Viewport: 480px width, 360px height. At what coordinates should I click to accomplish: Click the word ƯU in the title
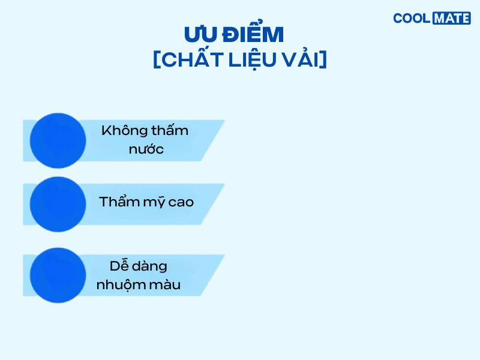pos(200,34)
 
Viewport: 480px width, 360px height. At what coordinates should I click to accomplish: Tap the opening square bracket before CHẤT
pos(157,59)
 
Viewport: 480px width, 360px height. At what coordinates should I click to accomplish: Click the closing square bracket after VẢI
pos(324,59)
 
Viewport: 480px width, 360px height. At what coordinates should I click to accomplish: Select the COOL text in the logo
pos(412,19)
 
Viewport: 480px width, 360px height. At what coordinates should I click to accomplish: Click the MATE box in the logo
pos(451,19)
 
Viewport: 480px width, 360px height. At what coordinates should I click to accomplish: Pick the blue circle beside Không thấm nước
pos(58,140)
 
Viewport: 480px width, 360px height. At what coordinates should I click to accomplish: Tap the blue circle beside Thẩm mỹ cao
pos(58,204)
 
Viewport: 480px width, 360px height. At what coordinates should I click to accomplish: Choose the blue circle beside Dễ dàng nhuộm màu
pos(58,275)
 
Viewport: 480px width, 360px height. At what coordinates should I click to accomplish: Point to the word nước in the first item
pos(146,149)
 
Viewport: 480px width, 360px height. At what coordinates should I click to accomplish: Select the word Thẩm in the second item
pos(119,201)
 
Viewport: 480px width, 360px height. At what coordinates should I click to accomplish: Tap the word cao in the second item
pos(181,202)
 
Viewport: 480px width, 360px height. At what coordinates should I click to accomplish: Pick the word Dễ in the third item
pos(119,265)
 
